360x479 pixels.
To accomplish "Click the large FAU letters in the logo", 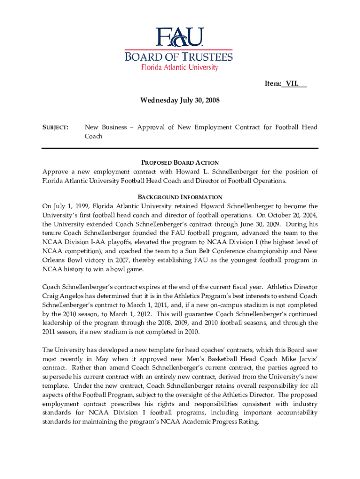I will coord(180,38).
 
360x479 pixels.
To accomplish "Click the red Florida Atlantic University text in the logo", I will coord(180,67).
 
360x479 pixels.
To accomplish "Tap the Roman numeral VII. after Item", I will coord(295,84).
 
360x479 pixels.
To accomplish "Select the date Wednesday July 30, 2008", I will coord(180,100).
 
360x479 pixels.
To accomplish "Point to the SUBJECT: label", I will coord(56,127).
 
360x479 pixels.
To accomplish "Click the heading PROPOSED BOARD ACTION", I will coord(180,162).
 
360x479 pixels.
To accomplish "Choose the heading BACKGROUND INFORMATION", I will coord(180,197).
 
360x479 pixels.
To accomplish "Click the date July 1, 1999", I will coord(68,206).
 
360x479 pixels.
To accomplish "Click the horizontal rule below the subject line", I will coord(180,148).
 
